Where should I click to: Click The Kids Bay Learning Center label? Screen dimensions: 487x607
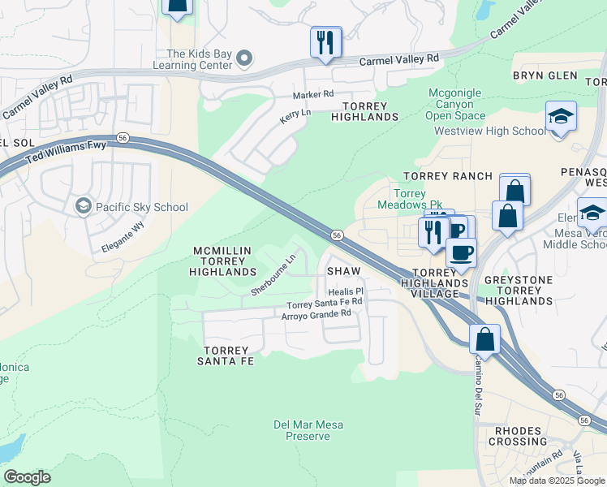pos(194,59)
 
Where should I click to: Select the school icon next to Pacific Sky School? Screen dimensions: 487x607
pos(82,207)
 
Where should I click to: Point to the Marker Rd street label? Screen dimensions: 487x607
pos(313,94)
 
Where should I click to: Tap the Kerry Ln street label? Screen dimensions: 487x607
pos(295,117)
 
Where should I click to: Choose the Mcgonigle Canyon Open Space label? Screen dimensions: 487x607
pos(455,104)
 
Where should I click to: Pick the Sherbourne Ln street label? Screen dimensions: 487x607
pos(272,276)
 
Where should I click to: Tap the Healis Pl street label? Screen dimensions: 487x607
pos(346,291)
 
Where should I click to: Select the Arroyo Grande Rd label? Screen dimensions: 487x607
pos(316,313)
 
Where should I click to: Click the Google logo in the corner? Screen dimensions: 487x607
pos(27,477)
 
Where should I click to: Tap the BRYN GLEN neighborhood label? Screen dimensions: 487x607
pos(545,75)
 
